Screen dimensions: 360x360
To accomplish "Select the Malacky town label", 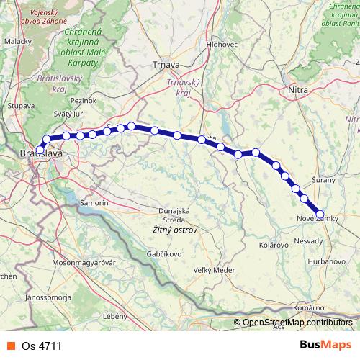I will pyautogui.click(x=18, y=42).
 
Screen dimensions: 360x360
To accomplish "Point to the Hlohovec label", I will pyautogui.click(x=222, y=45).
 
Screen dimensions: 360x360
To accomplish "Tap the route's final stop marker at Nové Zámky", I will pyautogui.click(x=321, y=213).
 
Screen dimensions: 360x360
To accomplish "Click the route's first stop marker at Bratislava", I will pyautogui.click(x=40, y=150).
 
